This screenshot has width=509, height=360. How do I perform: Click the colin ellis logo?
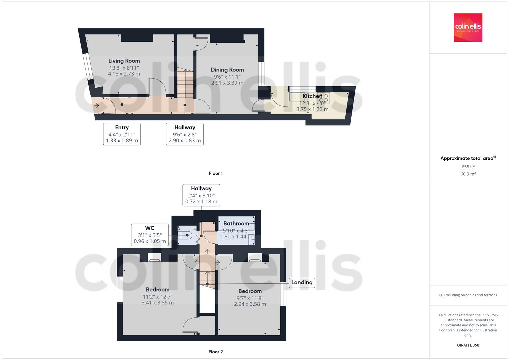click(x=468, y=27)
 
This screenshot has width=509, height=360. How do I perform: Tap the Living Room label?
click(x=124, y=61)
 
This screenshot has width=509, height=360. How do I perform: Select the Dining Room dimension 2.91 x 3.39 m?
click(x=227, y=83)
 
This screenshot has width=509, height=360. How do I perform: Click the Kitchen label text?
click(x=312, y=96)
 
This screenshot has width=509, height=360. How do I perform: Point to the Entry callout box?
click(x=122, y=134)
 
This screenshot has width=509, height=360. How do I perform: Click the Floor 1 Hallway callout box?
click(x=185, y=134)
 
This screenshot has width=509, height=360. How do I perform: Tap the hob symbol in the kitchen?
click(x=323, y=98)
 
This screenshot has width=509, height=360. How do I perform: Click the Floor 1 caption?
click(x=216, y=173)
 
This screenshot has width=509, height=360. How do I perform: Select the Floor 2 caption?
click(x=216, y=352)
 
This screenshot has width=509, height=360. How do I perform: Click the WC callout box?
click(x=150, y=235)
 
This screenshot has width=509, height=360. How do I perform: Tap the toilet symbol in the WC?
click(x=185, y=235)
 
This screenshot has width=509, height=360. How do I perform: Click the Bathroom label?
click(x=236, y=223)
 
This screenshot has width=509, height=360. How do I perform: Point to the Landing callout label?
click(x=302, y=282)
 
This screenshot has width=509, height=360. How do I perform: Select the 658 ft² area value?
click(x=468, y=167)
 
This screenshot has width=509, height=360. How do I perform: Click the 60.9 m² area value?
click(x=468, y=174)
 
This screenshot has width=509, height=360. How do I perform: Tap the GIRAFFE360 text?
click(x=468, y=345)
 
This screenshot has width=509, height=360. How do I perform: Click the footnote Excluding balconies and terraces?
click(x=468, y=295)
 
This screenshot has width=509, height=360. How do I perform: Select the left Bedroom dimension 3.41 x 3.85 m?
click(x=157, y=303)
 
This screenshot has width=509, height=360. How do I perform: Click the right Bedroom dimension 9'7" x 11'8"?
click(x=250, y=298)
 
